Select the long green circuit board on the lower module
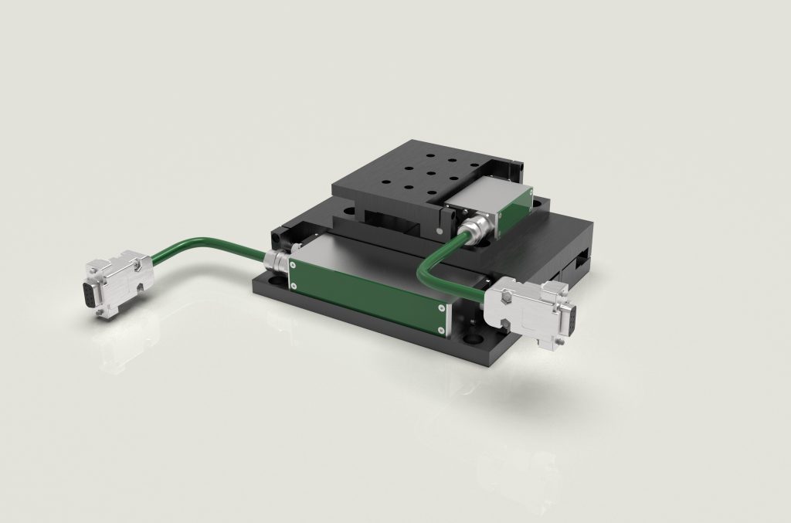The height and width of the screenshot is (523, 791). click(368, 286)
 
